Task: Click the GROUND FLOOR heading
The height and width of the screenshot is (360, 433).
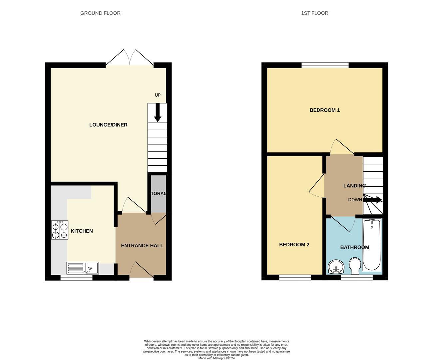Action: pyautogui.click(x=100, y=13)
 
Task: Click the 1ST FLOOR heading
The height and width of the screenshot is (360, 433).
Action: pyautogui.click(x=314, y=13)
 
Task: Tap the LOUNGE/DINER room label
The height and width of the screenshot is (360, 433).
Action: pyautogui.click(x=108, y=125)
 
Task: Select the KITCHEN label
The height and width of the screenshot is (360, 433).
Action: pyautogui.click(x=82, y=231)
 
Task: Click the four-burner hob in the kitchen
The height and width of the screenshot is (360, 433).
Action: pyautogui.click(x=60, y=230)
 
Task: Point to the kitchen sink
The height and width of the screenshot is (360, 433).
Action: pyautogui.click(x=83, y=268)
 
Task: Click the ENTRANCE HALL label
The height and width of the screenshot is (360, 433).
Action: pyautogui.click(x=142, y=246)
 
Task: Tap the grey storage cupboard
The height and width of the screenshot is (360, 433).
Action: pyautogui.click(x=159, y=194)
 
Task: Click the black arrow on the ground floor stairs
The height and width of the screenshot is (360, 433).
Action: pyautogui.click(x=158, y=113)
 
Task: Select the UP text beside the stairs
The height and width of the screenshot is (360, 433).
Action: pyautogui.click(x=158, y=95)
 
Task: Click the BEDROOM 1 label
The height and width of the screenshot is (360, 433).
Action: pyautogui.click(x=324, y=110)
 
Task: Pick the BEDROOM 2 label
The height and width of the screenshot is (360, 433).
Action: pyautogui.click(x=294, y=245)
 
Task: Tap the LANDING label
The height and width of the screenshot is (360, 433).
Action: pyautogui.click(x=354, y=186)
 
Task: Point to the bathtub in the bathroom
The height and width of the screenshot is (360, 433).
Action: pyautogui.click(x=372, y=245)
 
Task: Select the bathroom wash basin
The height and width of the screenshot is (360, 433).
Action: pyautogui.click(x=336, y=267)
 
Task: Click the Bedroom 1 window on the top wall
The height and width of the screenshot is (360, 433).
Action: pyautogui.click(x=325, y=65)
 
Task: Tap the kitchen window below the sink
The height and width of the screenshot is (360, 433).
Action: pyautogui.click(x=76, y=277)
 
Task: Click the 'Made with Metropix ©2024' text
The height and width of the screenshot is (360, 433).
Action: pyautogui.click(x=217, y=358)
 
